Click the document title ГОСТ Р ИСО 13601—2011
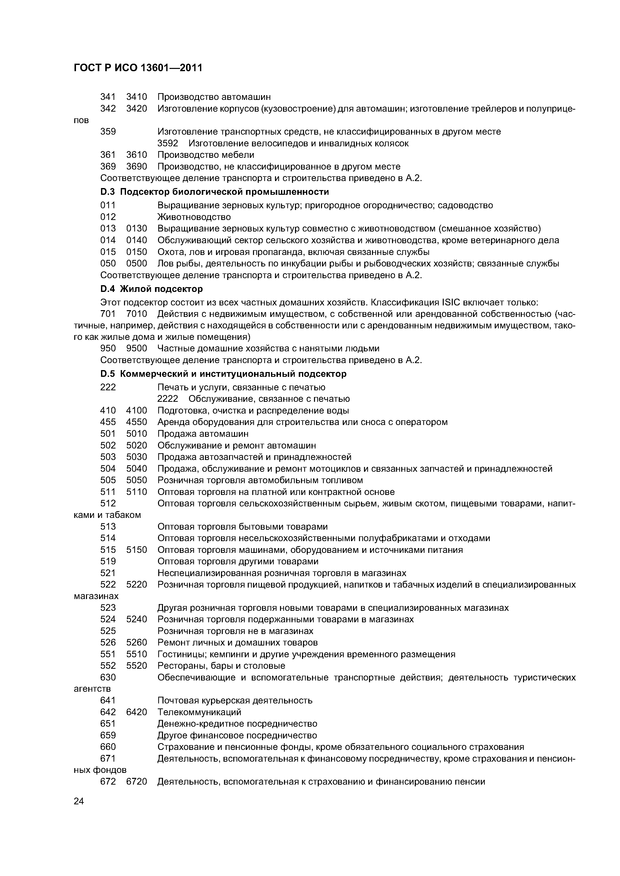[137, 68]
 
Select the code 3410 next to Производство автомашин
[136, 97]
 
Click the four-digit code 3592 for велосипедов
[168, 143]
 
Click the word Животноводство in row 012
[194, 217]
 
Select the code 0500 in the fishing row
[136, 264]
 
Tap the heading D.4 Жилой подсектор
[151, 289]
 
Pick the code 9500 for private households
[136, 348]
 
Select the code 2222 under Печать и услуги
[168, 399]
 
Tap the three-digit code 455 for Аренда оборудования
[108, 422]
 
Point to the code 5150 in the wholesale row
[136, 550]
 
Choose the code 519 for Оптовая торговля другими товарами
[108, 561]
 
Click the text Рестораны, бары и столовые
[221, 666]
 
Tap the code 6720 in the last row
[136, 782]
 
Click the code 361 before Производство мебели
[108, 155]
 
